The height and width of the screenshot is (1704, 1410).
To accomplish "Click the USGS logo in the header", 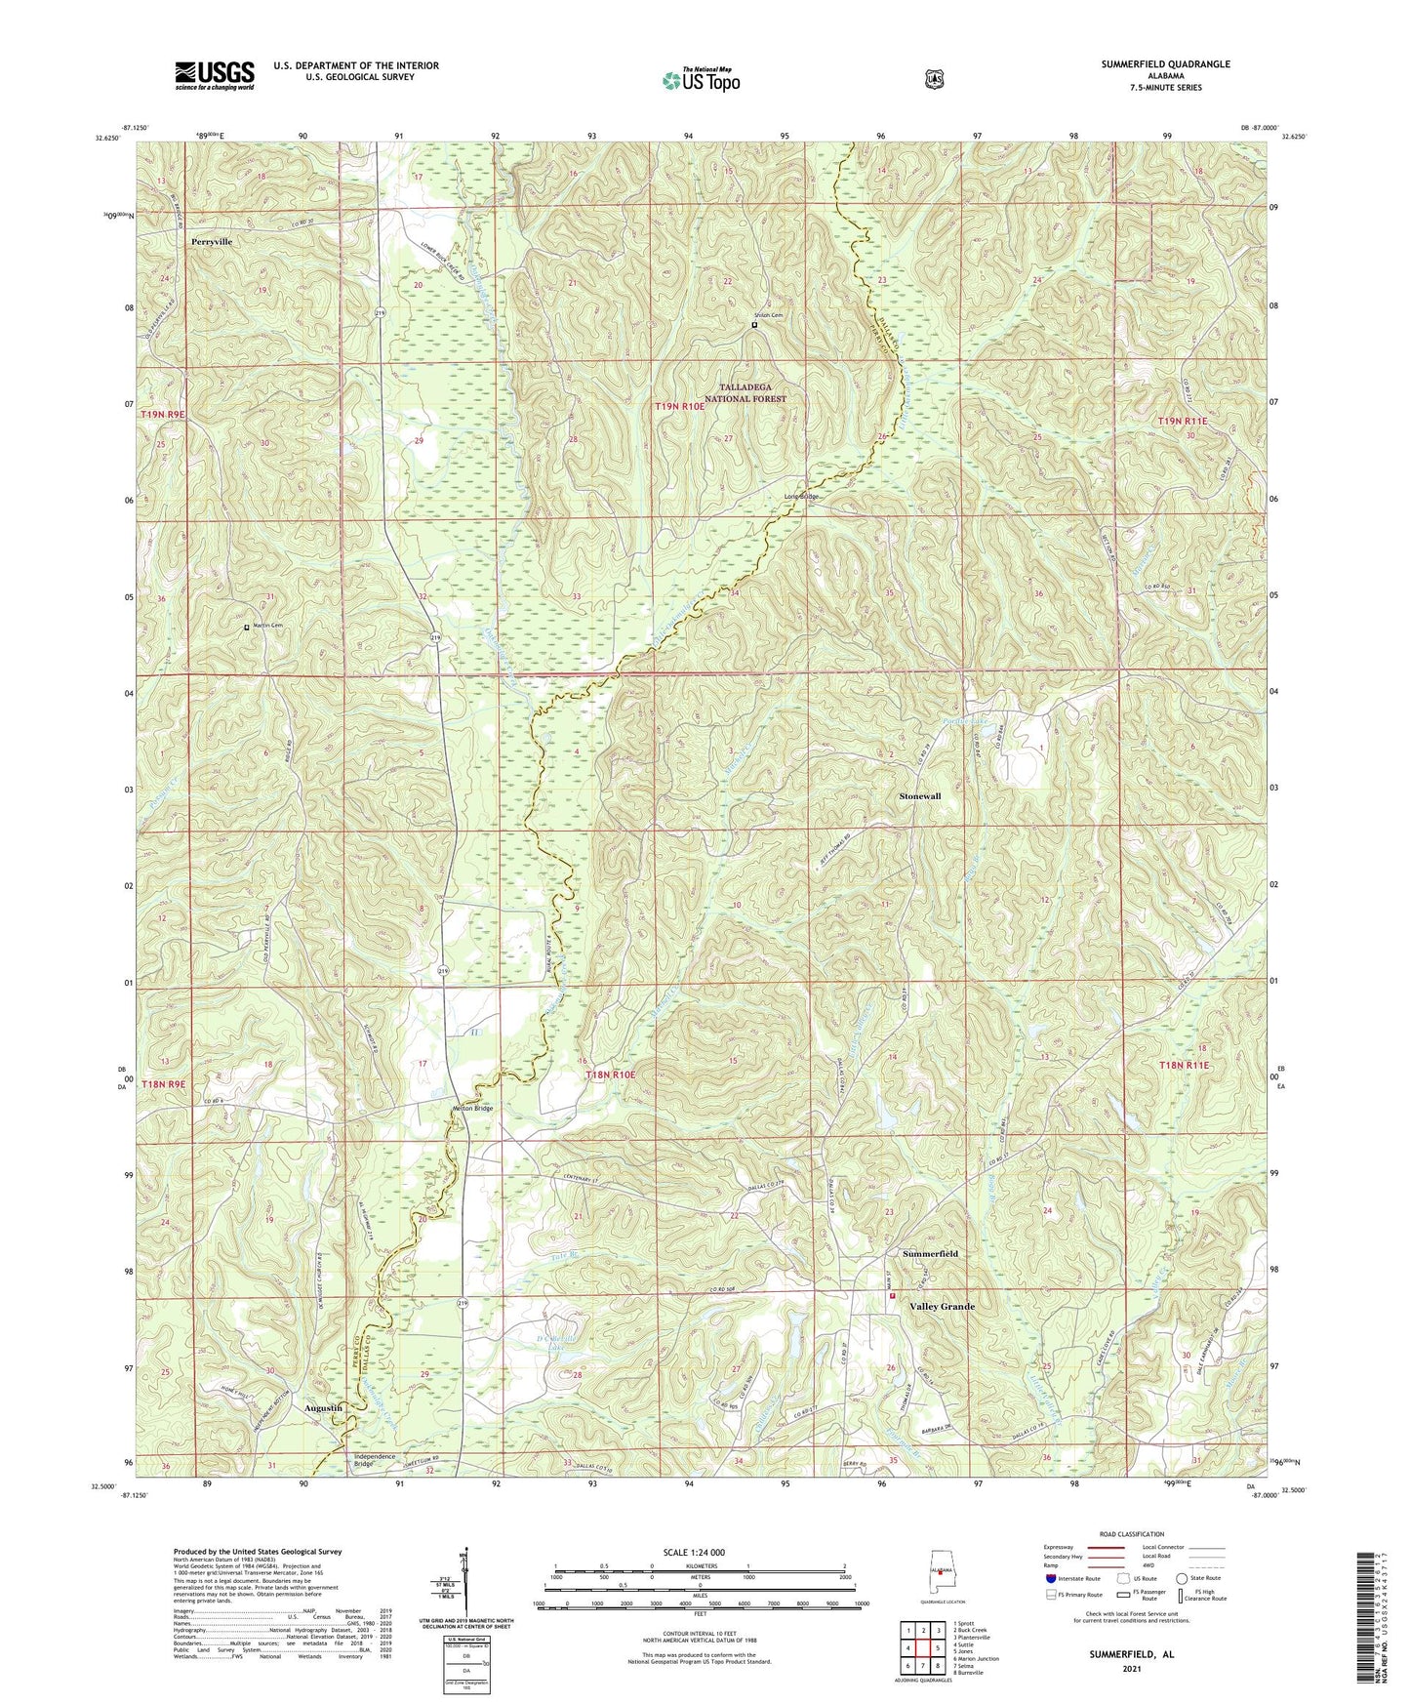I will pyautogui.click(x=215, y=74).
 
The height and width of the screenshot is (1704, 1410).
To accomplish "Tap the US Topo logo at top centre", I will pyautogui.click(x=700, y=80).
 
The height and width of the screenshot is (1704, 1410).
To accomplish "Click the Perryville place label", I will pyautogui.click(x=212, y=240).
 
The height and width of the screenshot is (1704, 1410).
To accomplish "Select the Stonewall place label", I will pyautogui.click(x=919, y=796).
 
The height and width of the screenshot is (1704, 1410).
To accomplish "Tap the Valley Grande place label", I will pyautogui.click(x=942, y=1306).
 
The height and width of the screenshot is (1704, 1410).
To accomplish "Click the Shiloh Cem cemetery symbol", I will pyautogui.click(x=754, y=326).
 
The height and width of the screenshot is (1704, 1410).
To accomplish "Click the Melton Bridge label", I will pyautogui.click(x=473, y=1108).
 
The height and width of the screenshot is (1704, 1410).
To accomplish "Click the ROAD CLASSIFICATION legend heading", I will pyautogui.click(x=1133, y=1535).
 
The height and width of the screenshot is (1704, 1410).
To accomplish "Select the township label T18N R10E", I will pyautogui.click(x=610, y=1075).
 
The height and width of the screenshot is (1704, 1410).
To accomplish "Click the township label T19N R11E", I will pyautogui.click(x=1183, y=421).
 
